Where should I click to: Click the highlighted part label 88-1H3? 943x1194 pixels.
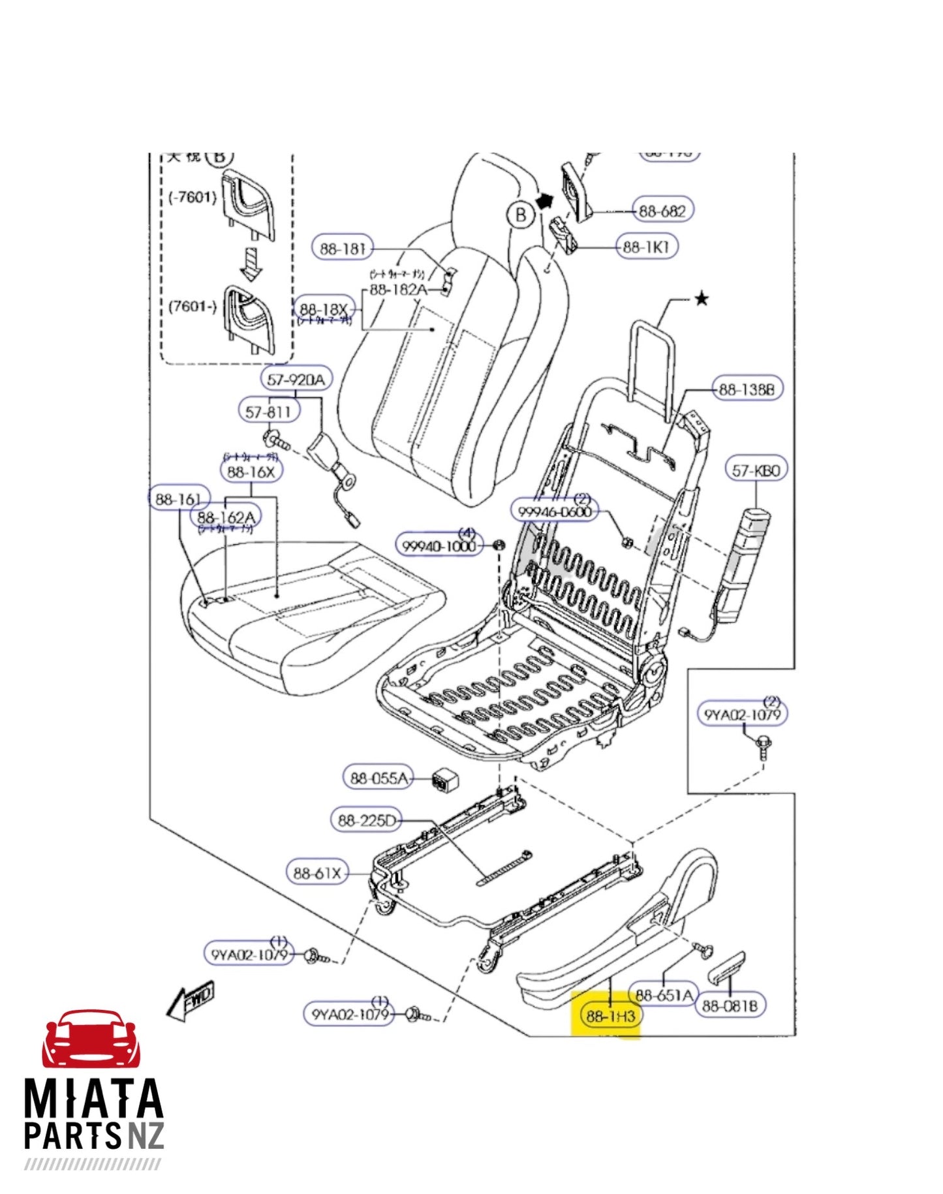coord(610,1016)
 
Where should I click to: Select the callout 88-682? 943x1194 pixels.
coord(662,211)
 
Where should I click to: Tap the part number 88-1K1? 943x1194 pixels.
coord(646,247)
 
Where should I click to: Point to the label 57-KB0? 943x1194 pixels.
coord(756,470)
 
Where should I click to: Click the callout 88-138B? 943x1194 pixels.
coord(747,390)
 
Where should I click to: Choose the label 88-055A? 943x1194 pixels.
coord(379,778)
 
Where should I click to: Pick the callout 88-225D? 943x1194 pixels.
coord(367,820)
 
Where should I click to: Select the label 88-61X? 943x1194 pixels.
coord(317,873)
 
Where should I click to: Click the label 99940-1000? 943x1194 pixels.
coord(439,546)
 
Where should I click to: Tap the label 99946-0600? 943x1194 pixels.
coord(555,512)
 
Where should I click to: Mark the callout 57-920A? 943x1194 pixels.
coord(296,379)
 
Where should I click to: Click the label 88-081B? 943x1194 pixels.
coord(730,1005)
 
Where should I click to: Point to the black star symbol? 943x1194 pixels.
coord(702,299)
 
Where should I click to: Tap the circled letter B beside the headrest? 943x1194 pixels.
coord(520,215)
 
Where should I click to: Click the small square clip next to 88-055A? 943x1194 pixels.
coord(445,779)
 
